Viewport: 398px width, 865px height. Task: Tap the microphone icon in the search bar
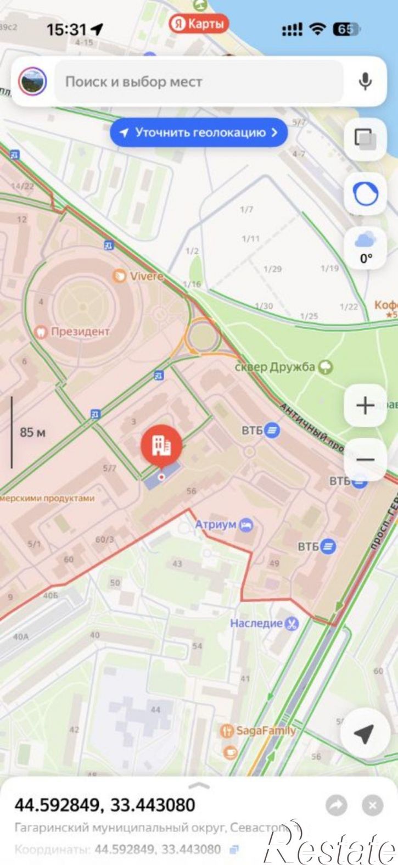(x=365, y=81)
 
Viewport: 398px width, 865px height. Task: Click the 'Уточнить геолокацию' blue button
(x=199, y=132)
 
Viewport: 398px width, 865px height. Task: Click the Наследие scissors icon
(x=292, y=623)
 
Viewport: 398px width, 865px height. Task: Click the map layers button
(x=365, y=137)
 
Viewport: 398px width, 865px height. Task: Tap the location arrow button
(x=364, y=733)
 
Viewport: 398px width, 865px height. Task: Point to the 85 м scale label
(x=33, y=432)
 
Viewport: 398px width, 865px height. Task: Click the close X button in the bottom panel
(x=372, y=806)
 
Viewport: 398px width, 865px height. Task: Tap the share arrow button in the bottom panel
(x=336, y=806)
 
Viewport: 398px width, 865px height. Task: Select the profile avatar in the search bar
(x=32, y=81)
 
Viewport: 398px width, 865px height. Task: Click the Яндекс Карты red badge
(x=198, y=24)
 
